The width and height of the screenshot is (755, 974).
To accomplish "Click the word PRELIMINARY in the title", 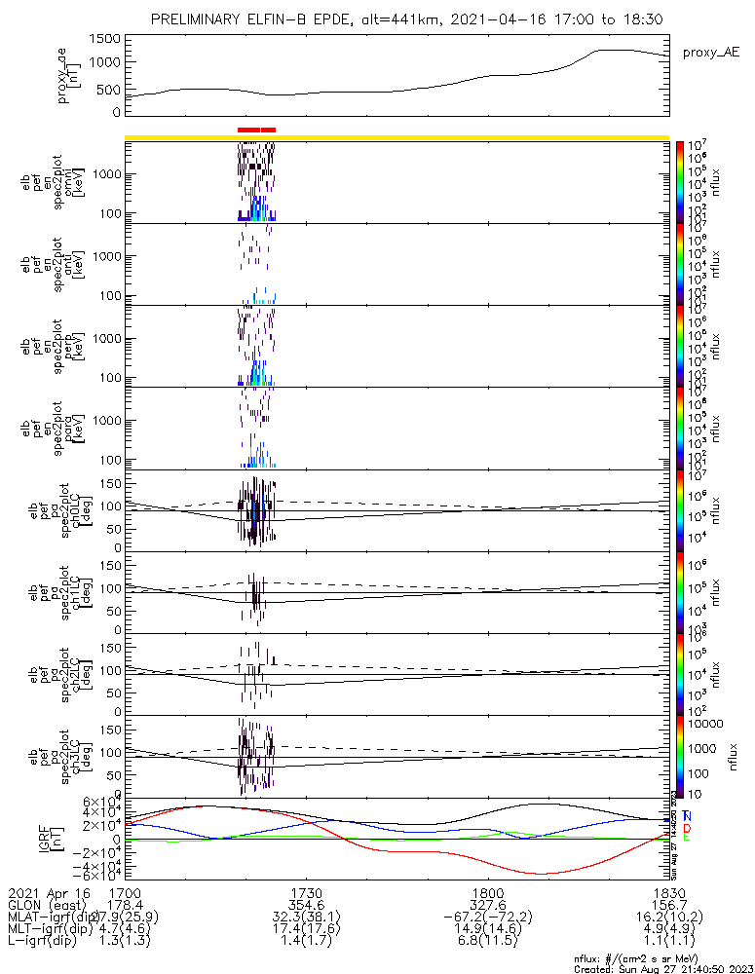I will (201, 20).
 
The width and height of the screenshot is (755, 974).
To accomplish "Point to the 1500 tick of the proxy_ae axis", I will (107, 38).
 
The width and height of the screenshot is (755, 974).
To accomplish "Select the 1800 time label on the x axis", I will (487, 893).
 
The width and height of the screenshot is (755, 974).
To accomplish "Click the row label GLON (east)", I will (48, 905).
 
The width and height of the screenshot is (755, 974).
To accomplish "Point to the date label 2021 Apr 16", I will (48, 893).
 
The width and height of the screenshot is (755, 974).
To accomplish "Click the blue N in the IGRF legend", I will (687, 815).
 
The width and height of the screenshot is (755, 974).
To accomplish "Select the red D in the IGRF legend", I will (687, 827).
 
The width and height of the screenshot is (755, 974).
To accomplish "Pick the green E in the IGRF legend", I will (687, 838).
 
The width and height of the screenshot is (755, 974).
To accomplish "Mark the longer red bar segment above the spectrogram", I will (248, 129).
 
